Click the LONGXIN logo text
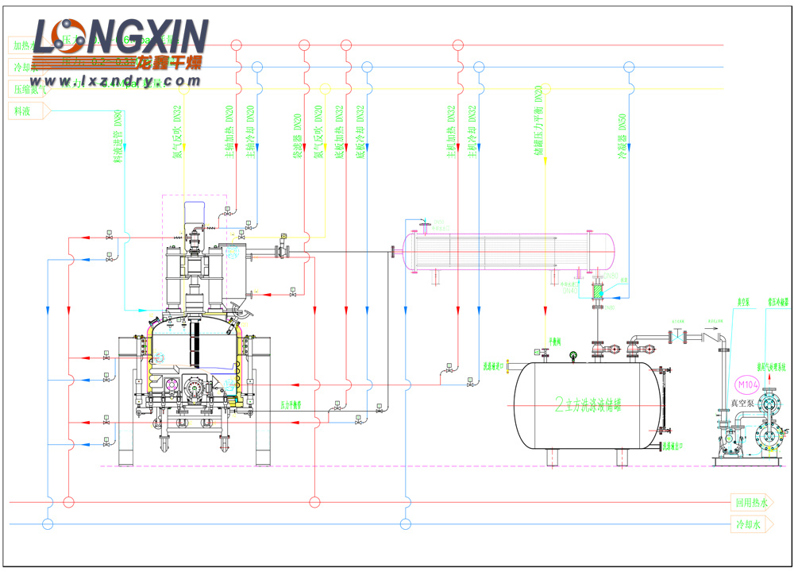127,36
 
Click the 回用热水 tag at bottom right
751,502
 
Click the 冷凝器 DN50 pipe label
622,135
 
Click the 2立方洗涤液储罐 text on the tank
588,404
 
